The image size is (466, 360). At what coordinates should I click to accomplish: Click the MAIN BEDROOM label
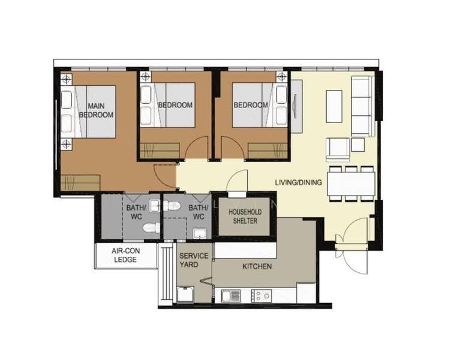[x=96, y=110]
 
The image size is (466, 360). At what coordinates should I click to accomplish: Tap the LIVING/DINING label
[x=299, y=182]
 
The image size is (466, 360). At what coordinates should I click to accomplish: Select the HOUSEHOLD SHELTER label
[x=245, y=217]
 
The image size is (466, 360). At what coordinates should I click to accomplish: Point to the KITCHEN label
[x=257, y=266]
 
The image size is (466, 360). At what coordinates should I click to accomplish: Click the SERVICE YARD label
[x=194, y=260]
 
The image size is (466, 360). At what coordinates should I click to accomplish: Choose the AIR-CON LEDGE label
[x=125, y=255]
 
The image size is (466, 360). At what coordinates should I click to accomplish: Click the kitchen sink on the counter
[x=231, y=296]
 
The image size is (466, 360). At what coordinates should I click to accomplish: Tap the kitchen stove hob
[x=261, y=296]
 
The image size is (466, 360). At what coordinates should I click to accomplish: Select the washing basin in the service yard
[x=185, y=295]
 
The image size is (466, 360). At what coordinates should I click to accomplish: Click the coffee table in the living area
[x=334, y=106]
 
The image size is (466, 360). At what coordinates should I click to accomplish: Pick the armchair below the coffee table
[x=338, y=149]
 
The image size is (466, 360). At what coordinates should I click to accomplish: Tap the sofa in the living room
[x=362, y=106]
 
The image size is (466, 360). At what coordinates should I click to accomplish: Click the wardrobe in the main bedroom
[x=80, y=182]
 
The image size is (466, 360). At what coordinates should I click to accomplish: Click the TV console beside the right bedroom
[x=296, y=106]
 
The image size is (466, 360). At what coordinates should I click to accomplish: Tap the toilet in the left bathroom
[x=152, y=228]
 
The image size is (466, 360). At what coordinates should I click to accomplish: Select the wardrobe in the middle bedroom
[x=160, y=151]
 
